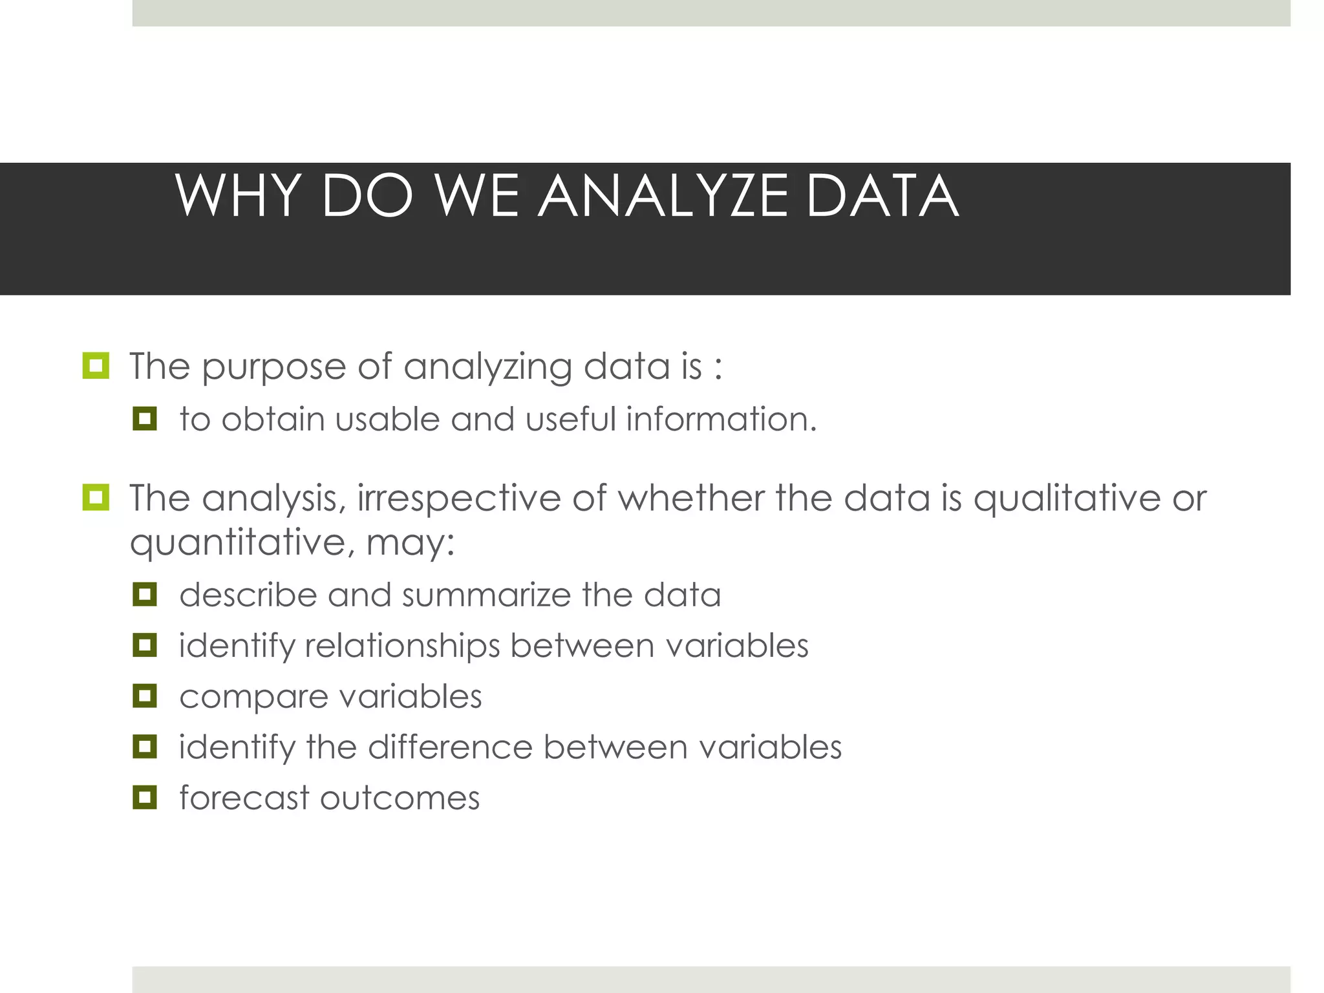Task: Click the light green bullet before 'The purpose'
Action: click(96, 366)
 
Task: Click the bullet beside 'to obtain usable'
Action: click(145, 418)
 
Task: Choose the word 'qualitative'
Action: click(1067, 499)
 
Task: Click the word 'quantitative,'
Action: click(242, 543)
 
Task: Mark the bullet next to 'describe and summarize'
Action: click(145, 594)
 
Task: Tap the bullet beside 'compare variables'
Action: click(145, 696)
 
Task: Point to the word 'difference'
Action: click(450, 747)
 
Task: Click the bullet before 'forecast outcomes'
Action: click(145, 797)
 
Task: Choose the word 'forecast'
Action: click(244, 798)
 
